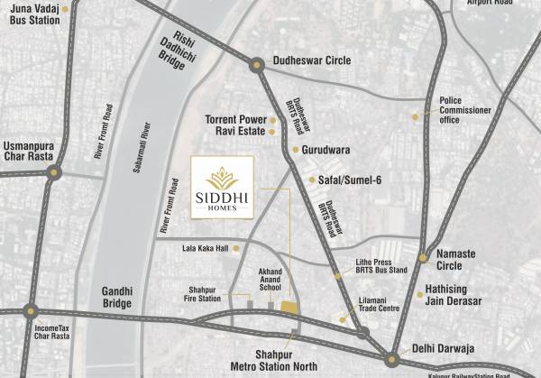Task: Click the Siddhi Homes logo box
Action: click(222, 187)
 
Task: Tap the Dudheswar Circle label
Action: click(313, 63)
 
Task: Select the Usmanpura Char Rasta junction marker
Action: click(56, 171)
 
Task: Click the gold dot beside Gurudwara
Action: click(295, 150)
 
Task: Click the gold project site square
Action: click(289, 309)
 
